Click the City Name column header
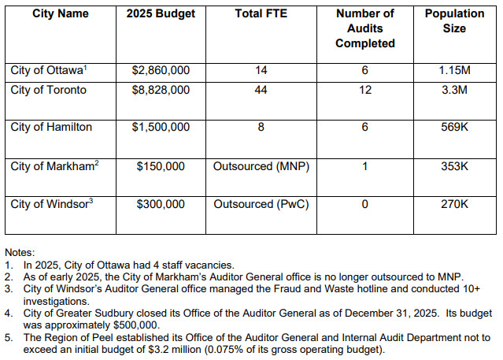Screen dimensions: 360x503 [61, 14]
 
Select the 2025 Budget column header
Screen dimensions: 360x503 [161, 14]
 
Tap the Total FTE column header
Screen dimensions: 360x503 [261, 14]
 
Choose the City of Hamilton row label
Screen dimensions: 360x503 [51, 127]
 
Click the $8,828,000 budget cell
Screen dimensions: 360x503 [161, 90]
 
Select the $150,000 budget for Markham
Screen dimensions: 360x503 [161, 166]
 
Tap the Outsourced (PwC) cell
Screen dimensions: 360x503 [261, 204]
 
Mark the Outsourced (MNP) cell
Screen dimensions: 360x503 [261, 166]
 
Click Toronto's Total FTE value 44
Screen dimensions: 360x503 [261, 90]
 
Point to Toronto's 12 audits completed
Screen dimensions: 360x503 [364, 90]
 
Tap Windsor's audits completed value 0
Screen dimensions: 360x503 [364, 204]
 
